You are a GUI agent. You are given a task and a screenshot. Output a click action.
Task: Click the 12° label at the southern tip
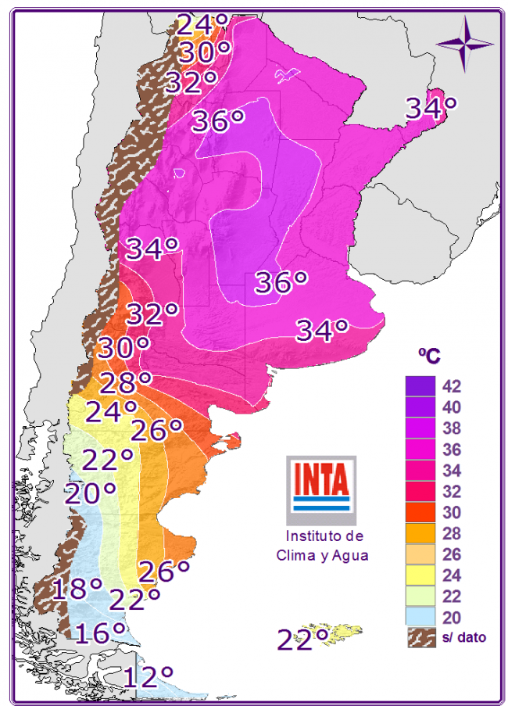click(x=148, y=676)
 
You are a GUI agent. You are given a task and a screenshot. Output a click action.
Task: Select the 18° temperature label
click(x=77, y=587)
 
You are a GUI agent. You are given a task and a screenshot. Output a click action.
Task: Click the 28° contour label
click(x=124, y=384)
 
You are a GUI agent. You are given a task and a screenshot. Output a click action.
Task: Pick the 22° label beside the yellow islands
click(x=302, y=639)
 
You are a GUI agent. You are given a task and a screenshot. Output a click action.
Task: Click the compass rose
click(x=464, y=43)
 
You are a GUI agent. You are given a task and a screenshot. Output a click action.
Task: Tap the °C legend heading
click(x=428, y=356)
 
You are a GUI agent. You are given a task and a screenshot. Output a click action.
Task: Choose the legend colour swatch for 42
click(x=420, y=386)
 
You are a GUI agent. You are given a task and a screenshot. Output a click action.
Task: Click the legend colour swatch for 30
click(x=420, y=513)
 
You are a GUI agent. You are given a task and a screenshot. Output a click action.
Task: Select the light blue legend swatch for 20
click(x=420, y=618)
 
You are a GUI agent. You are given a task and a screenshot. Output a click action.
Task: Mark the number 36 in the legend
click(x=452, y=450)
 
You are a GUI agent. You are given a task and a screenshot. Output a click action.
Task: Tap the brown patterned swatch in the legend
click(x=420, y=637)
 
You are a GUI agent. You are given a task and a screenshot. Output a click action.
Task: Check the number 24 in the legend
click(x=452, y=576)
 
